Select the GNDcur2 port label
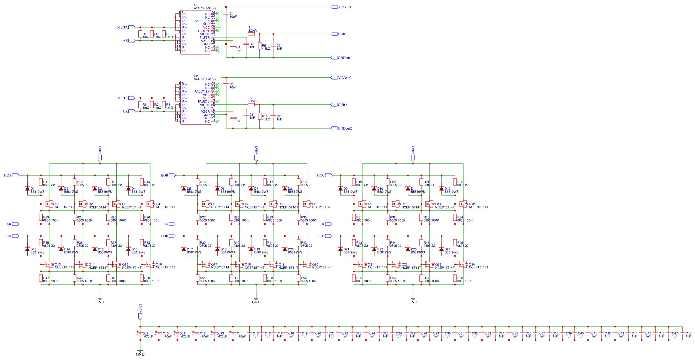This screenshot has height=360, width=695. pyautogui.click(x=341, y=128)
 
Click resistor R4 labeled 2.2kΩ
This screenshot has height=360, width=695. pyautogui.click(x=251, y=34)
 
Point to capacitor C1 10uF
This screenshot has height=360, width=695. pyautogui.click(x=226, y=15)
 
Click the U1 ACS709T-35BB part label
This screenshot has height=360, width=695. pyautogui.click(x=205, y=8)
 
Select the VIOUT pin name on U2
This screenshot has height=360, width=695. pyautogui.click(x=205, y=105)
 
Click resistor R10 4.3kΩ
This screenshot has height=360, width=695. pyautogui.click(x=260, y=116)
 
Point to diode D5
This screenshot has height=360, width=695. pyautogui.click(x=184, y=189)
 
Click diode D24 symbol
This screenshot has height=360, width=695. pyautogui.click(x=441, y=249)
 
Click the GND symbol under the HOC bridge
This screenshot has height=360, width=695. pyautogui.click(x=413, y=299)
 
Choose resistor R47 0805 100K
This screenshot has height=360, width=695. pyautogui.click(x=41, y=278)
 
